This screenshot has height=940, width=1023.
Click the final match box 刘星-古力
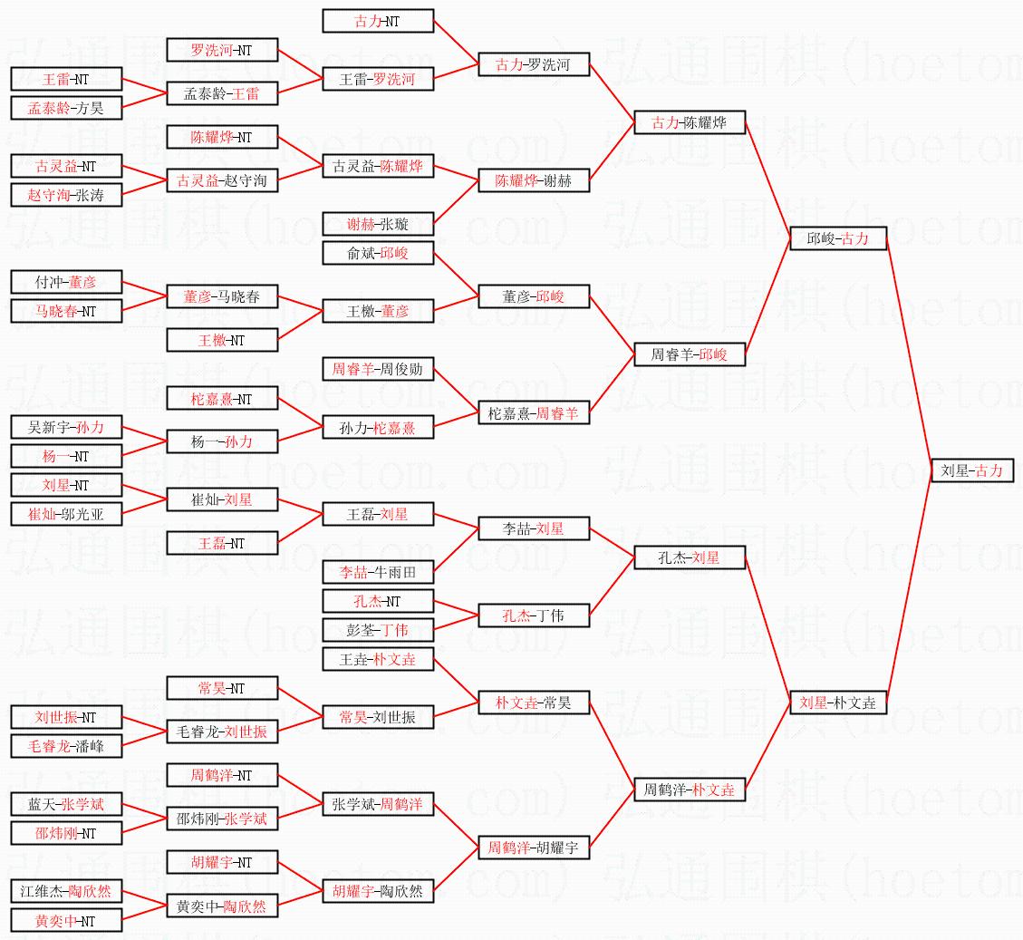coord(971,470)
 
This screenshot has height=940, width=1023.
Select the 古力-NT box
coord(378,21)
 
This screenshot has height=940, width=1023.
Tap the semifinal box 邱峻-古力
coord(838,239)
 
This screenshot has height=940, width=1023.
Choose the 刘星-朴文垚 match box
coord(838,703)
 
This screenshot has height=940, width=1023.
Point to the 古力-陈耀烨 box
coord(690,122)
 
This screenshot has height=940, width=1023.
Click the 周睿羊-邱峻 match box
coord(690,354)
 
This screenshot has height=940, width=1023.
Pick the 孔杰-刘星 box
coord(690,557)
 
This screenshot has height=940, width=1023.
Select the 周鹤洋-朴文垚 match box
coord(690,790)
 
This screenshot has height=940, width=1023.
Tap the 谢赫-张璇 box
coord(378,224)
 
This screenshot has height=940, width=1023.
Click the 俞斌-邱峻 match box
coord(378,253)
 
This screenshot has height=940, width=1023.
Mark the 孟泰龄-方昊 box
coord(66,109)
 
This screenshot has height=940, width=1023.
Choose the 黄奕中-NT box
coord(66,921)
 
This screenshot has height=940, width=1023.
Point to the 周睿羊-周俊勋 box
coord(378,370)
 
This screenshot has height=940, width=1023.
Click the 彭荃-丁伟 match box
coord(378,631)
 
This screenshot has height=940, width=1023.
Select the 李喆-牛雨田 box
coord(378,573)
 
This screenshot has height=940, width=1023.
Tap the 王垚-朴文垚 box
coord(378,659)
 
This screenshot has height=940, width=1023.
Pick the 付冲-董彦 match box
coord(66,282)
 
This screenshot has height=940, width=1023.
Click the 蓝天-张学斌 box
coord(66,804)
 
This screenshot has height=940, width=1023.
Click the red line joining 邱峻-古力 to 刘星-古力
coord(909,354)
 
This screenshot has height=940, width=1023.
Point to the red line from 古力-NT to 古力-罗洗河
coord(456,44)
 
